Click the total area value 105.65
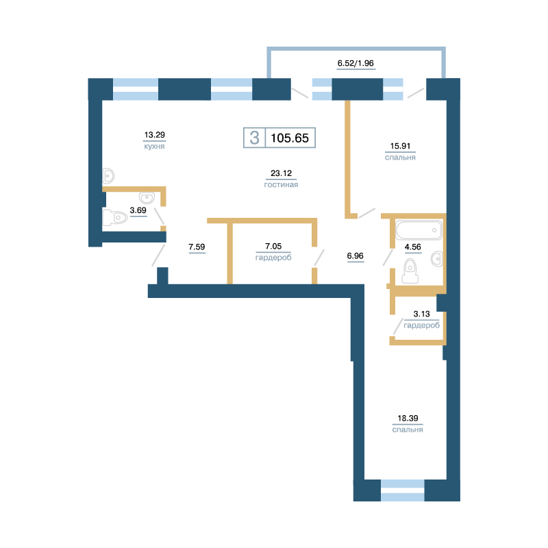[290, 138]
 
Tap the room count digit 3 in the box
[254, 138]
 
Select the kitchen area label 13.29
[155, 134]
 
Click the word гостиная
[281, 184]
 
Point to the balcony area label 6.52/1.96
[356, 63]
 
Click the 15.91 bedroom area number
[400, 146]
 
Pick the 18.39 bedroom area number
[408, 418]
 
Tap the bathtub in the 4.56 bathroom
[419, 230]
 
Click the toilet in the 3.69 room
[115, 217]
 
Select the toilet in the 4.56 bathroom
[410, 271]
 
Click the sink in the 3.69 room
[147, 198]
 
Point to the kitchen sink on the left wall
[108, 175]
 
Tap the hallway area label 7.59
[197, 247]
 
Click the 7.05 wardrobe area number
[273, 246]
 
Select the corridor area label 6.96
[355, 256]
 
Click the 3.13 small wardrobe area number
[421, 314]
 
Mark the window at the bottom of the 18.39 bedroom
[403, 490]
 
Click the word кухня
[155, 146]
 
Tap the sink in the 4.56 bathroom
[437, 259]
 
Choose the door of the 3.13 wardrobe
[398, 327]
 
